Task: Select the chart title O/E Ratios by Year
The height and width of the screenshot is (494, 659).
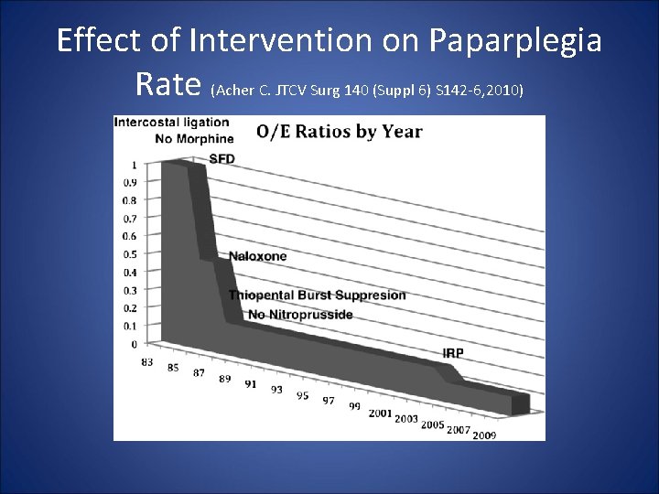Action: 339,132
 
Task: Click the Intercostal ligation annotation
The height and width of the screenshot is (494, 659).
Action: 171,123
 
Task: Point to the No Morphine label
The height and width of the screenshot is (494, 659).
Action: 194,139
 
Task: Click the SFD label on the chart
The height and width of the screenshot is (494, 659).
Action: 221,158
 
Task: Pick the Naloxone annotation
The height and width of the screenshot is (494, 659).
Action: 257,256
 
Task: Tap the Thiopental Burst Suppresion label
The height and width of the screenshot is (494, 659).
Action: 317,295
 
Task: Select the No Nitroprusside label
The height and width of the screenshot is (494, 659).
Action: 299,315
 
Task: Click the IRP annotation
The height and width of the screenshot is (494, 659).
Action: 452,353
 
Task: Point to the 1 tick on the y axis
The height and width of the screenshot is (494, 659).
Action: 135,166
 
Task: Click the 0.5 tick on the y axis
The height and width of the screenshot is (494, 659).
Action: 132,254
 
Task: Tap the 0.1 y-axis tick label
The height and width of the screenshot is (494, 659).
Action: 132,326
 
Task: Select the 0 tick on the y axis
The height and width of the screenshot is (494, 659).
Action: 135,344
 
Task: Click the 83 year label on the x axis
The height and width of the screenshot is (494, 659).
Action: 146,362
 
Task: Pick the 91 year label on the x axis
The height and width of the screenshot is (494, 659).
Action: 250,384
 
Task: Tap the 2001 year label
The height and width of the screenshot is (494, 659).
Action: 380,413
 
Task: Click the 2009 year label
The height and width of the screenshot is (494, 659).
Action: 485,435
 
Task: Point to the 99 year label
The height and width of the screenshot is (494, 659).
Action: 354,406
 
